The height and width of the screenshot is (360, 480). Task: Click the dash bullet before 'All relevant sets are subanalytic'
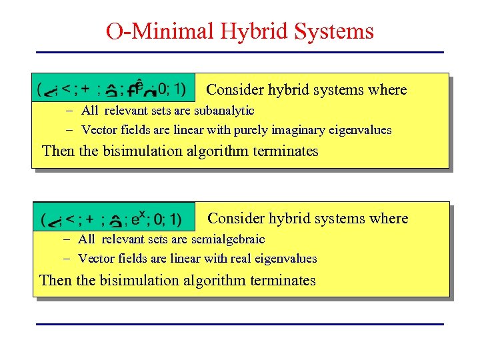pos(69,111)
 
